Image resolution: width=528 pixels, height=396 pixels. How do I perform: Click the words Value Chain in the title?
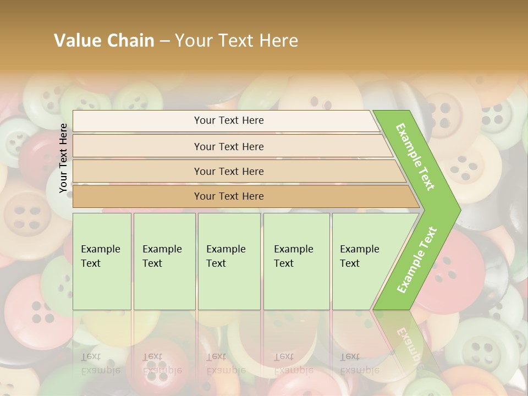(104, 41)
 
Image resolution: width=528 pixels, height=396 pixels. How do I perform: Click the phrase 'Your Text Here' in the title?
(237, 41)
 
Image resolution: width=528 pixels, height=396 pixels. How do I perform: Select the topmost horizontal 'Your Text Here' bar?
(229, 120)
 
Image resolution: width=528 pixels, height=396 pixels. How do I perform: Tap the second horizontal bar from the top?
(229, 146)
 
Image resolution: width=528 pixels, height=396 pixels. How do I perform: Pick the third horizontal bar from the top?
(229, 171)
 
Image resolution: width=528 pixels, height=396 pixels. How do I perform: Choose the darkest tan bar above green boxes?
(229, 196)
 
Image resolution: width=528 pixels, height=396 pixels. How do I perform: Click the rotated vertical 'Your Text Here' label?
(64, 158)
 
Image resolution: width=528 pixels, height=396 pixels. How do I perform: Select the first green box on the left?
(102, 261)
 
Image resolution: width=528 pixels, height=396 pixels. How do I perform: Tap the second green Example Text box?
(164, 261)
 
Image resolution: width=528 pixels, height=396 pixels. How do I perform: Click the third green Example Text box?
(229, 261)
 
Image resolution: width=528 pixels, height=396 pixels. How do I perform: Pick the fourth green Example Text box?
(296, 261)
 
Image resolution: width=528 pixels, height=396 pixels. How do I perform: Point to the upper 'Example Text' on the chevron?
(415, 157)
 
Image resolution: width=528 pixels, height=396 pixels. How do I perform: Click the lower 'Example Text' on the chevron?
(417, 260)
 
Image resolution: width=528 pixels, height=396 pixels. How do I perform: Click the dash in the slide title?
(164, 41)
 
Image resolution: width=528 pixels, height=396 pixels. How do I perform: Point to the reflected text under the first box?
(101, 363)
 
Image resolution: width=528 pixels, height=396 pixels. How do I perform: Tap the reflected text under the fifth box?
(360, 363)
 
